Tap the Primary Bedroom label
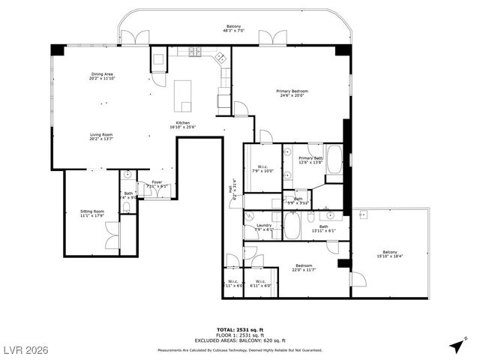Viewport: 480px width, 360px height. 293,93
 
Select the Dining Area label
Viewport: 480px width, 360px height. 102,76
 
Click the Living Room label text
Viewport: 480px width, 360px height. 102,136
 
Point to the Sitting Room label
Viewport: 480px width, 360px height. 92,214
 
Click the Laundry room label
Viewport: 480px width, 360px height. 263,227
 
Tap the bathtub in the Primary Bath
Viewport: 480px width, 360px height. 334,159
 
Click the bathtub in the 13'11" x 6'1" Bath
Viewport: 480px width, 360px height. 292,225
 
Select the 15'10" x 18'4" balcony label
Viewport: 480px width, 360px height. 389,254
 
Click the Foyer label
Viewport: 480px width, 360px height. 157,184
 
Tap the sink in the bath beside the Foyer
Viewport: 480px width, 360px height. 128,175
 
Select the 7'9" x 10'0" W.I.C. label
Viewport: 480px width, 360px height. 264,169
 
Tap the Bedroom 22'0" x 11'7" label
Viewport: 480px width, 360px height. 302,268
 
